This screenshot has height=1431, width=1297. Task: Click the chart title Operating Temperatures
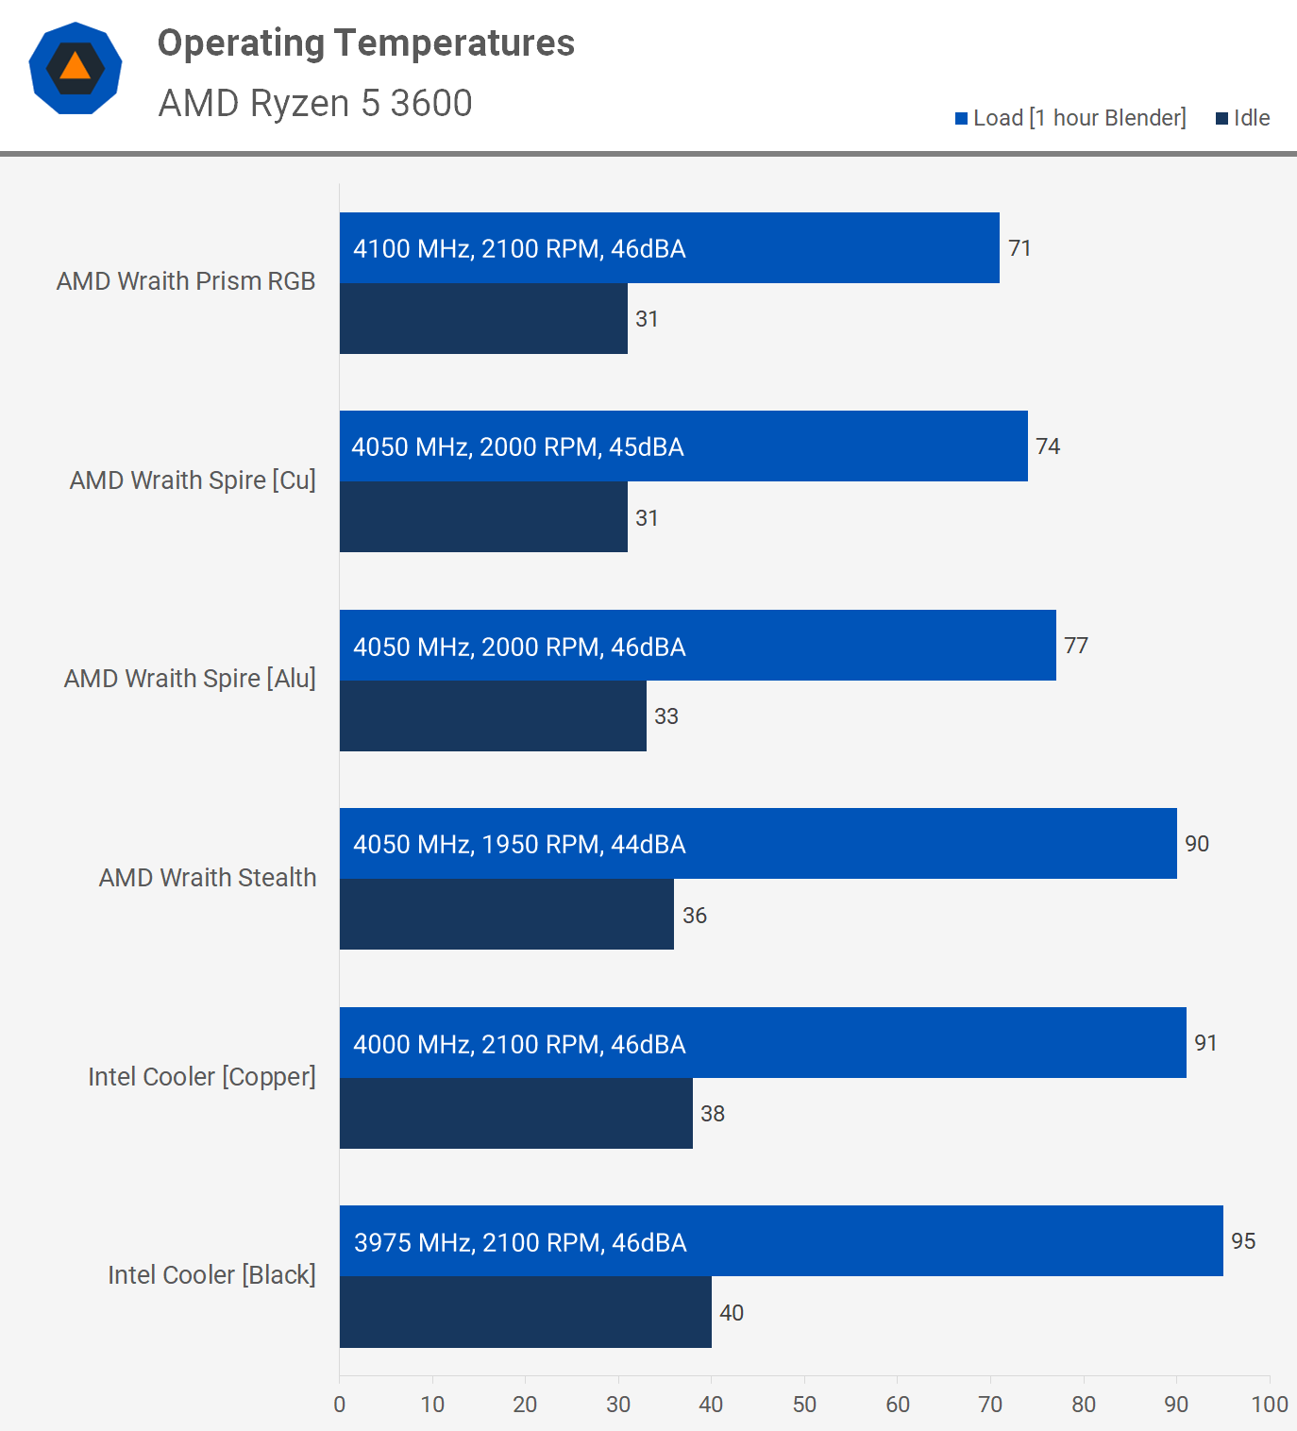(365, 43)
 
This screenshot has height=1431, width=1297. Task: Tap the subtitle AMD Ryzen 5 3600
(315, 103)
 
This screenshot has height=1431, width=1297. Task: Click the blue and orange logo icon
(76, 68)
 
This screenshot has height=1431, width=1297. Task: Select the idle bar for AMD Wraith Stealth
(507, 914)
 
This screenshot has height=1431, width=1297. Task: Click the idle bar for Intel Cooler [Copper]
(516, 1113)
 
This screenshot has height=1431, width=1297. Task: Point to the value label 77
(1076, 646)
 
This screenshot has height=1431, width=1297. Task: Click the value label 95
(1243, 1241)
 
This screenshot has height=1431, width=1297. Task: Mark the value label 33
(666, 716)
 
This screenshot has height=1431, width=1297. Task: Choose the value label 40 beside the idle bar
(732, 1313)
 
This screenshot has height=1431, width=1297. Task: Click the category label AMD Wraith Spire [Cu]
(193, 480)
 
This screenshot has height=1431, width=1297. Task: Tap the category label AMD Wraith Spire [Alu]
(190, 679)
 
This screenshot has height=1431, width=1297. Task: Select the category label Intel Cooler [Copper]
(202, 1077)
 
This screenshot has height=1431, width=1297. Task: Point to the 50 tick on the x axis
(804, 1405)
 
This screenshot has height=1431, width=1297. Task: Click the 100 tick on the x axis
(1269, 1405)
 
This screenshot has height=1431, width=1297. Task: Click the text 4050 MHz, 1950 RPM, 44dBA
(519, 844)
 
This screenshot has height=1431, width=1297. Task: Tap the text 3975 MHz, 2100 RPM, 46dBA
(520, 1242)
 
